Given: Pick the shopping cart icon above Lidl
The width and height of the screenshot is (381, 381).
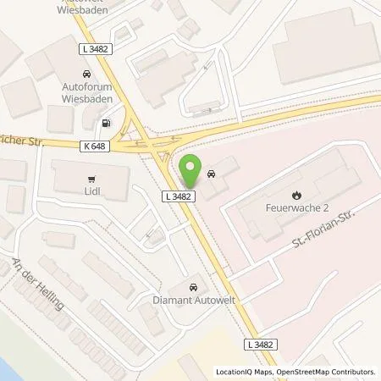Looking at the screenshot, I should pyautogui.click(x=92, y=179).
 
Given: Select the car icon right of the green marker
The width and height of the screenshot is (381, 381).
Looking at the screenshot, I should pyautogui.click(x=211, y=174).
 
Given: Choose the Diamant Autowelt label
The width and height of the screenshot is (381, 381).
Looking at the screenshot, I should pyautogui.click(x=196, y=299).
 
